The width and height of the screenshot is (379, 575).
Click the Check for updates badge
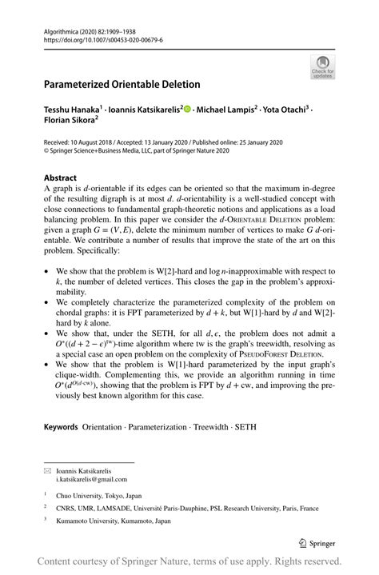(x=323, y=66)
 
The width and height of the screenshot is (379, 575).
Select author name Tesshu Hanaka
(x=72, y=108)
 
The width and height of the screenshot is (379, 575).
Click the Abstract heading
(x=61, y=178)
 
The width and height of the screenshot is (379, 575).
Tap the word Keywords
(x=61, y=427)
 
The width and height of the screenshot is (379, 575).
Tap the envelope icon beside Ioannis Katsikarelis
(x=47, y=470)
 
